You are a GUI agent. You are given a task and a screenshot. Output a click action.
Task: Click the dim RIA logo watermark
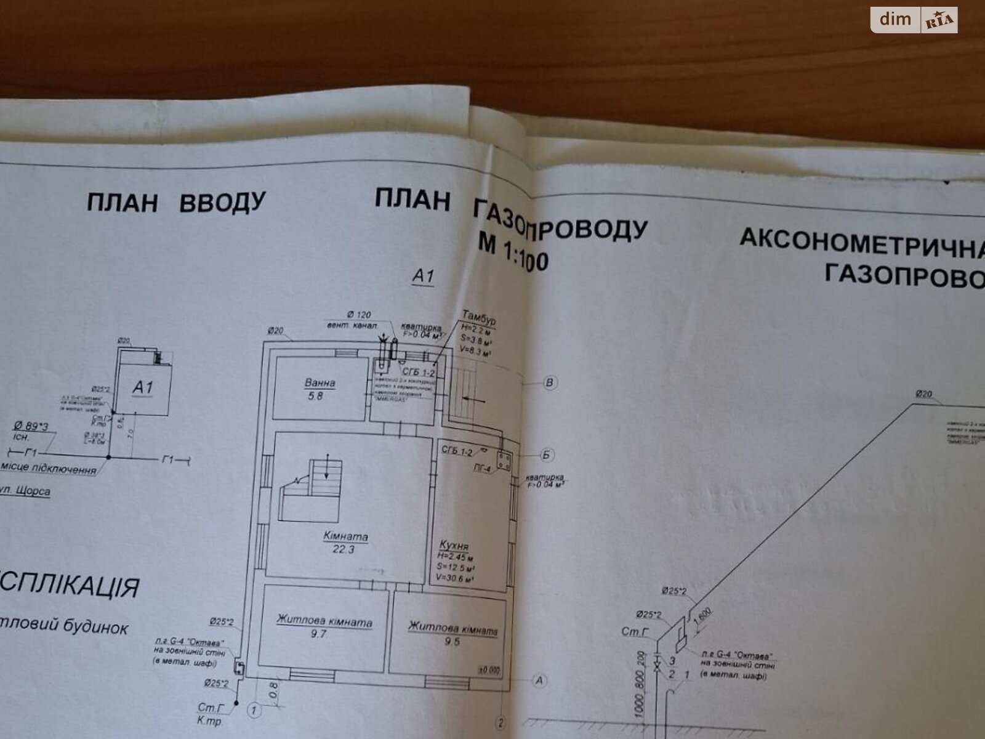(914, 20)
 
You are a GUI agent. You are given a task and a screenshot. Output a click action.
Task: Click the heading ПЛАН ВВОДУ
(175, 202)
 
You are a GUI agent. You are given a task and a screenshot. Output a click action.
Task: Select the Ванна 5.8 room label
(320, 389)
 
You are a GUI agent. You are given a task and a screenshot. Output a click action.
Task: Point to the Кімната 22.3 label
(345, 543)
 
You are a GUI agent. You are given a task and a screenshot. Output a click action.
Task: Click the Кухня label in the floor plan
(454, 546)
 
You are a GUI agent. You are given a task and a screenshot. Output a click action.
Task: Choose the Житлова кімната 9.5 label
(452, 634)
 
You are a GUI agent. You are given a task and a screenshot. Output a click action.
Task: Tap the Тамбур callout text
(478, 320)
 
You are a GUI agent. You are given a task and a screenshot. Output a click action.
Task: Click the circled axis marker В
(550, 382)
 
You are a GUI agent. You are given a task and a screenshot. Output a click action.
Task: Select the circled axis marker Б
(546, 455)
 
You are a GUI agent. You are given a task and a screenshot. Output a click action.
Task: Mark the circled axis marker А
(539, 680)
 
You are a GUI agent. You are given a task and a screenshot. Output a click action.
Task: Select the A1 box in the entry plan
(143, 387)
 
